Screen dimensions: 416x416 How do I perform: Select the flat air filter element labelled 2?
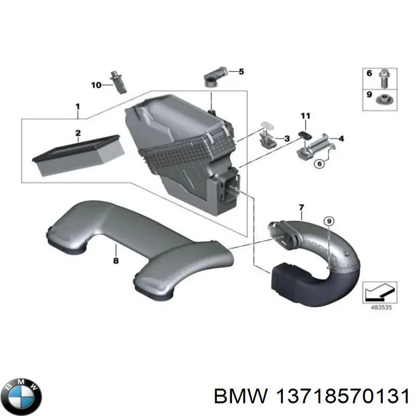[x=79, y=155]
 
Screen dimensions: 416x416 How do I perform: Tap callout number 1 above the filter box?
[x=77, y=107]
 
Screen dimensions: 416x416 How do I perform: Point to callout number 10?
[x=96, y=85]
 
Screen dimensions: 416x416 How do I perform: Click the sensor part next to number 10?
[x=119, y=82]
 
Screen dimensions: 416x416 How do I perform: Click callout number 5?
[x=241, y=72]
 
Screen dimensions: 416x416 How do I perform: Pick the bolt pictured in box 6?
[x=384, y=79]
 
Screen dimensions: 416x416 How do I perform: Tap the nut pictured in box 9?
[x=383, y=99]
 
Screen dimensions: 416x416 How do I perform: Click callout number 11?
[x=305, y=116]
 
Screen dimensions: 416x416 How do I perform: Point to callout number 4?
[x=341, y=138]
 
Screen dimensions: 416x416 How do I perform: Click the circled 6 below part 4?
[x=319, y=164]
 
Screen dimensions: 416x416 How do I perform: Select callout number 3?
[x=287, y=138]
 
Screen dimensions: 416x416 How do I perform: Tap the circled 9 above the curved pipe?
[x=329, y=221]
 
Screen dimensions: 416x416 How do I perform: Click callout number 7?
[x=302, y=207]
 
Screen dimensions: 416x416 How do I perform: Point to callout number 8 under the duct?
[x=116, y=261]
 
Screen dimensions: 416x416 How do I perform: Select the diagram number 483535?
[x=381, y=307]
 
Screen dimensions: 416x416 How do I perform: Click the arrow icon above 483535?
[x=380, y=292]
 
